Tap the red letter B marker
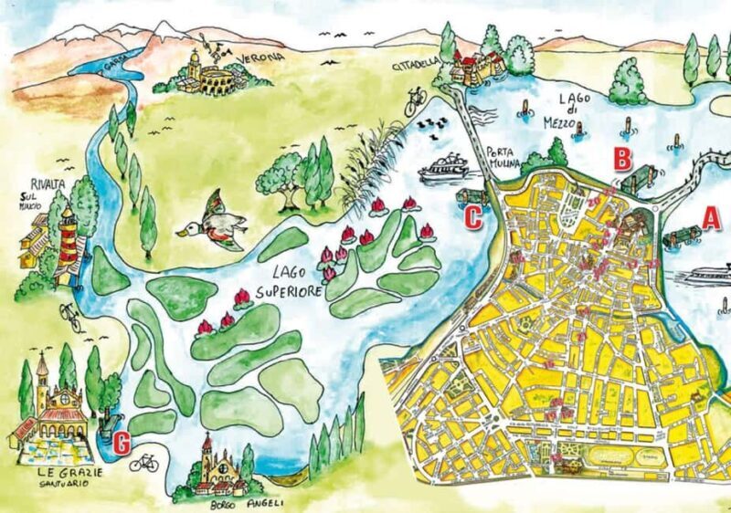click(621, 159)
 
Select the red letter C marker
click(473, 218)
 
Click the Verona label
click(260, 58)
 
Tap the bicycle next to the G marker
click(143, 463)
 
